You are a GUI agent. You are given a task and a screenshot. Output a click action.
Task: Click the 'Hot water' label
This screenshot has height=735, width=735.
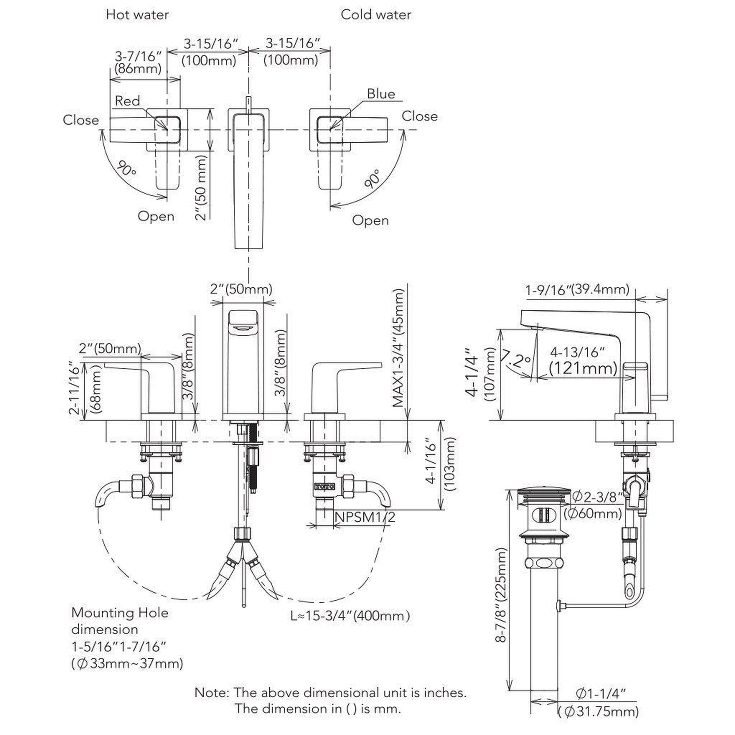(137, 15)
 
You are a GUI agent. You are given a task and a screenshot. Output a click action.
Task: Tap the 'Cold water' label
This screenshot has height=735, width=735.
(375, 15)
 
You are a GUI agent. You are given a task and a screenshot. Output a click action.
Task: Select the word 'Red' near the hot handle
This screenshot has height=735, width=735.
(127, 101)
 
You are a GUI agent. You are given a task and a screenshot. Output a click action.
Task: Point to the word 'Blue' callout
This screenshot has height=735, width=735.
(381, 94)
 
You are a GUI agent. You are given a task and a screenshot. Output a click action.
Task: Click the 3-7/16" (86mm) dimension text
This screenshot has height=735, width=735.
(138, 62)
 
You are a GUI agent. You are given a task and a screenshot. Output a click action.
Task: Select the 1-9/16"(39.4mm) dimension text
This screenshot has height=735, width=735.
(577, 290)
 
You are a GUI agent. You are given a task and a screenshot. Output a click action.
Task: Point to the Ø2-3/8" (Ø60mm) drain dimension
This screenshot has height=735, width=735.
(597, 505)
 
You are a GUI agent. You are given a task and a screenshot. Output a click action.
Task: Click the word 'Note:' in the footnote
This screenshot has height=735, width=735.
(212, 693)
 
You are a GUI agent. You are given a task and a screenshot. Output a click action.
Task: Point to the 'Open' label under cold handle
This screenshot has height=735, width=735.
(370, 220)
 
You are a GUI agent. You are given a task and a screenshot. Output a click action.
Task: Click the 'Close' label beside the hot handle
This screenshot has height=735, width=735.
(81, 120)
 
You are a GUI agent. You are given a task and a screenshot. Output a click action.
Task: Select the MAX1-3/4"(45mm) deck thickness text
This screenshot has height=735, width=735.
(398, 348)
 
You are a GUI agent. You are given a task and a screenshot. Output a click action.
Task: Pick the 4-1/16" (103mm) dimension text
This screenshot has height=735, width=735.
(441, 466)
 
